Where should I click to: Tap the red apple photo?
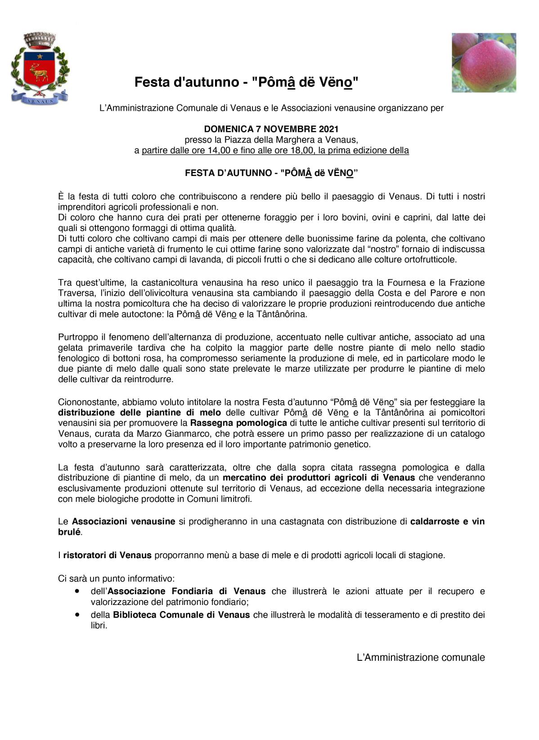[x=484, y=63]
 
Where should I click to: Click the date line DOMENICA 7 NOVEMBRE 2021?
[x=271, y=130]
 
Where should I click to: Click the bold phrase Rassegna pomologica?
[x=238, y=423]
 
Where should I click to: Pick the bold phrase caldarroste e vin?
[x=447, y=522]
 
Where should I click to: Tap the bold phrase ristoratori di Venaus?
[x=107, y=555]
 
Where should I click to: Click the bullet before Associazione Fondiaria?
[x=78, y=590]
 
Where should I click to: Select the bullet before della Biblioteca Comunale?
[x=78, y=614]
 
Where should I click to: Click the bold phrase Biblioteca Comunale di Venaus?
[x=181, y=615]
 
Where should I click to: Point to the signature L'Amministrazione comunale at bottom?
[x=421, y=658]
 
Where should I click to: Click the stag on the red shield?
[x=39, y=72]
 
